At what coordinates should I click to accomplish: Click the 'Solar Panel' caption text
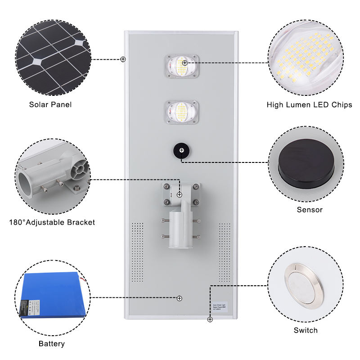point(50,104)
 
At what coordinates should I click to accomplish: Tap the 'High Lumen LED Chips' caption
point(309,105)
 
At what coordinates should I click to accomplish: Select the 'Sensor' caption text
point(310,210)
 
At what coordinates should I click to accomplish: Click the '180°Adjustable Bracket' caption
point(52,222)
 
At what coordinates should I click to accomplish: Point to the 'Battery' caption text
point(51,344)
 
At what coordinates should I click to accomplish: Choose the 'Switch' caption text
point(306,330)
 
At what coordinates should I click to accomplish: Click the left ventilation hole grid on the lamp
point(137,252)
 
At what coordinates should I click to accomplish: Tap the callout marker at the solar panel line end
point(123,59)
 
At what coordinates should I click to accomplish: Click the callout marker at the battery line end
point(180,298)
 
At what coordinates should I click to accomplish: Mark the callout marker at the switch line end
point(210,319)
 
